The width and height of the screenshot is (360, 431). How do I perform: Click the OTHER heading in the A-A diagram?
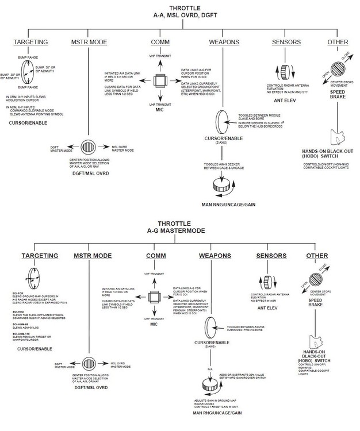point(337,43)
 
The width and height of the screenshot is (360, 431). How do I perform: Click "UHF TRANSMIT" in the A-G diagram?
point(155,318)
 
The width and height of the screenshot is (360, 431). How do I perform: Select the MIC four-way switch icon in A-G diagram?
point(155,297)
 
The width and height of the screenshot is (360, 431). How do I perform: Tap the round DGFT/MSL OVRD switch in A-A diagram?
point(89,147)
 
